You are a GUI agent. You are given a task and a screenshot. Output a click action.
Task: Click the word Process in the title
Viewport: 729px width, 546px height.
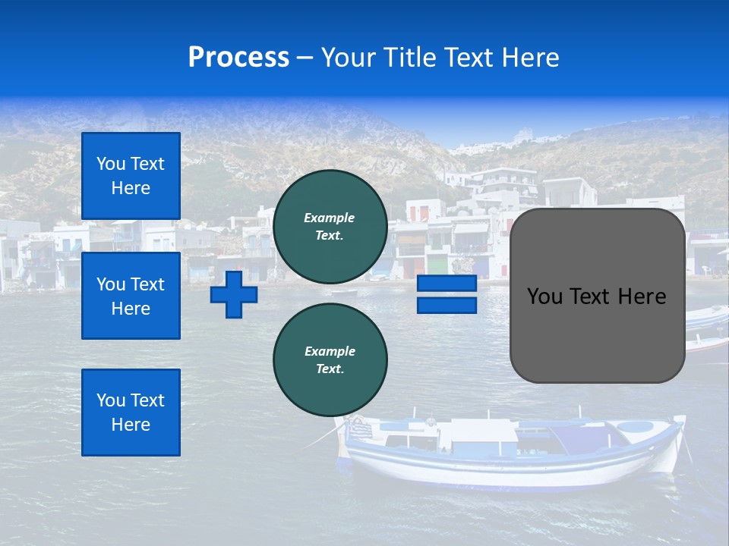click(x=238, y=58)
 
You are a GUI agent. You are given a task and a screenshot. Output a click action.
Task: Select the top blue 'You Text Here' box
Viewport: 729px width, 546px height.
click(x=131, y=176)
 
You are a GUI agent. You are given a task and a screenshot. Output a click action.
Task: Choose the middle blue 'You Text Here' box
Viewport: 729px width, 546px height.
click(x=131, y=296)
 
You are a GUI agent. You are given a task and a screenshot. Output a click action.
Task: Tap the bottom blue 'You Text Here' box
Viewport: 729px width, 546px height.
click(x=131, y=413)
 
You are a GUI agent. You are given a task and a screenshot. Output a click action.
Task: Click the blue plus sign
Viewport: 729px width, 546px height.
click(x=233, y=294)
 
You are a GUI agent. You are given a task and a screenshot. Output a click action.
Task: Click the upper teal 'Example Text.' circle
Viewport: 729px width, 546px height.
click(x=330, y=227)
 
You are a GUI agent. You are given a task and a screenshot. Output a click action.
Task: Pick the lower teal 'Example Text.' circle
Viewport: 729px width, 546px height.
click(x=330, y=360)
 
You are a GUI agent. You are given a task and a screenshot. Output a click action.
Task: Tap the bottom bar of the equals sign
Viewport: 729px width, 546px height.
click(x=447, y=305)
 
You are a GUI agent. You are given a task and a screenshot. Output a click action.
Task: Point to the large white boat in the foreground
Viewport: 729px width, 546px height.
click(x=509, y=451)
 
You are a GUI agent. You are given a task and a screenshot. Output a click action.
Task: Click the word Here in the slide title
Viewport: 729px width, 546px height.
click(x=526, y=58)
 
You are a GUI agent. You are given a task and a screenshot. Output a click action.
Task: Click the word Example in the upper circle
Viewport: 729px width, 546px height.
click(x=330, y=218)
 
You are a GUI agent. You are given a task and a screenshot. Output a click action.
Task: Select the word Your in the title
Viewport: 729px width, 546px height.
click(x=347, y=58)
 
